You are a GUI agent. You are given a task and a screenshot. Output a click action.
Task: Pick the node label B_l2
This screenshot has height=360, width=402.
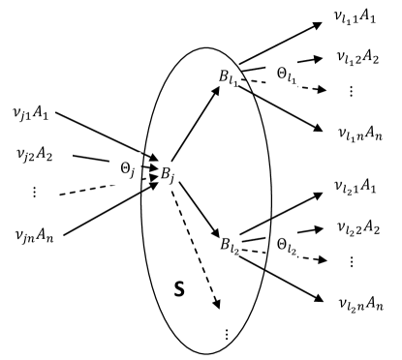229,238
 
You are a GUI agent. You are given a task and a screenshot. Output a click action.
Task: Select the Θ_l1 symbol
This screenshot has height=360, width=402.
287,73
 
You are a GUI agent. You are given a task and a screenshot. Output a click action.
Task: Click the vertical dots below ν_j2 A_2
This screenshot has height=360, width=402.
34,191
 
